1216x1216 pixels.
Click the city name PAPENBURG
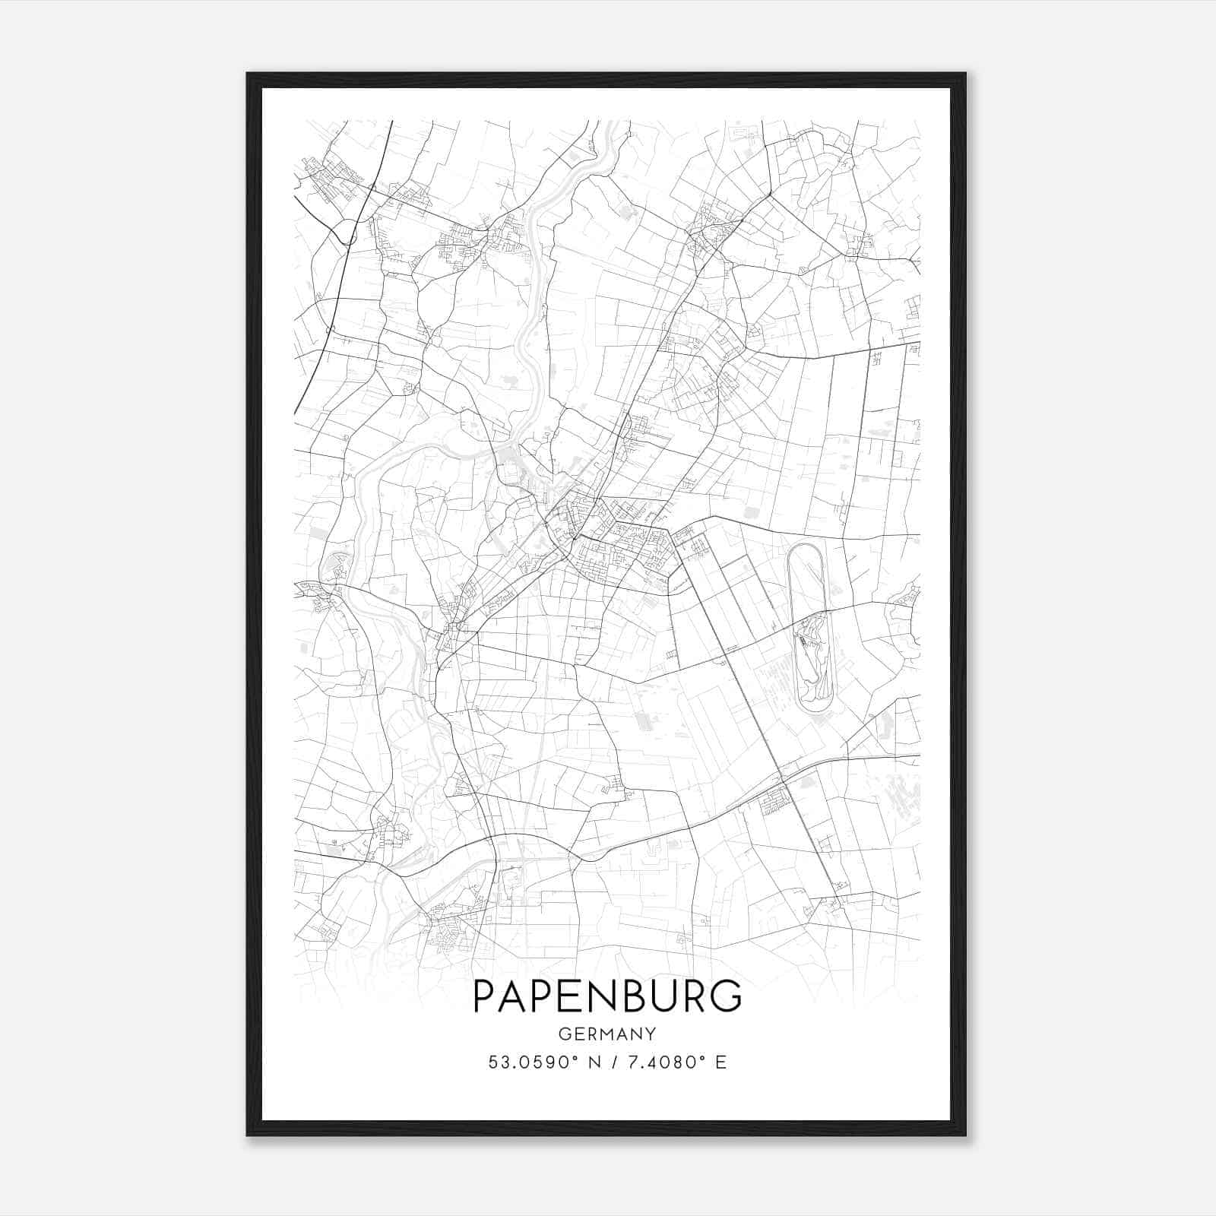coord(607,996)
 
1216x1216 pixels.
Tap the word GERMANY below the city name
coord(607,1034)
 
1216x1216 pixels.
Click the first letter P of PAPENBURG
coord(484,996)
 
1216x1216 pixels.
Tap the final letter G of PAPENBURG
coord(728,996)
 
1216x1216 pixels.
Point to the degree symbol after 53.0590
coord(578,1057)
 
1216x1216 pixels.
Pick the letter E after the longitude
coord(720,1062)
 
